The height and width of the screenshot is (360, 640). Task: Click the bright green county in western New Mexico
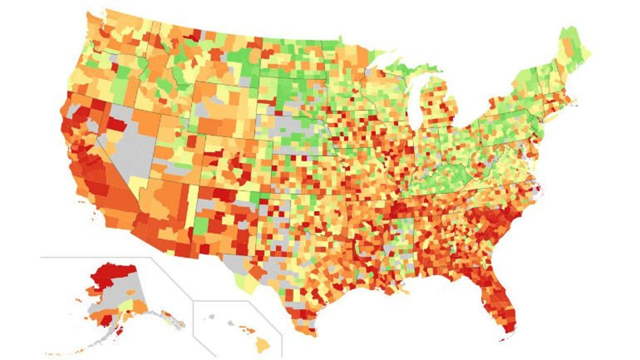[200, 226]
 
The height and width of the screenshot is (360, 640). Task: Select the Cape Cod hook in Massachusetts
[575, 105]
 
